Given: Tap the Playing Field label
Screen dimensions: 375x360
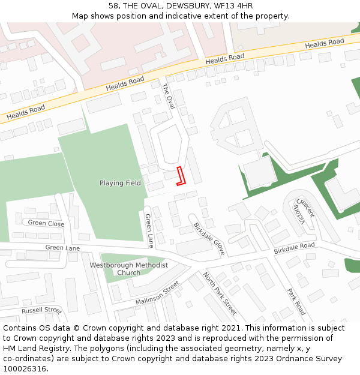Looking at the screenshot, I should point(120,183).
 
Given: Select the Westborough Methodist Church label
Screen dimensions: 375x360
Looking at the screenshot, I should point(128,269).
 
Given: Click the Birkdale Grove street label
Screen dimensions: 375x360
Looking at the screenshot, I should point(209,239).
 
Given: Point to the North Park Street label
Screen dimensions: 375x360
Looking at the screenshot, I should point(220,293).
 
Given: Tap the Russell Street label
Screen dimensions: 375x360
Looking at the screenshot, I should point(41,311).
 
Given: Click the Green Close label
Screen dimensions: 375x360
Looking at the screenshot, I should point(46,223).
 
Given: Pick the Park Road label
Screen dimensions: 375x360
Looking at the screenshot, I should point(296,302).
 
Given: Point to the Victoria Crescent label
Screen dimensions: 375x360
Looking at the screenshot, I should point(302,212).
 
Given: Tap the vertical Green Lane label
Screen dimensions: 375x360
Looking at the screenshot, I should point(149,231).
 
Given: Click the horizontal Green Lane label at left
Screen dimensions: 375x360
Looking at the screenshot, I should point(62,248).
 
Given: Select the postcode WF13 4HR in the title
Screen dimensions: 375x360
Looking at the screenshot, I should point(230,6).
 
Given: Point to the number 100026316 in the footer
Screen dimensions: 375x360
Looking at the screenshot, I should point(25,368).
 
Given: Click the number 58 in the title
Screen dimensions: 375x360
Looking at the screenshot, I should point(113,6).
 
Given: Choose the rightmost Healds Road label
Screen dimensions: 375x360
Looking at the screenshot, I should point(325,44).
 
